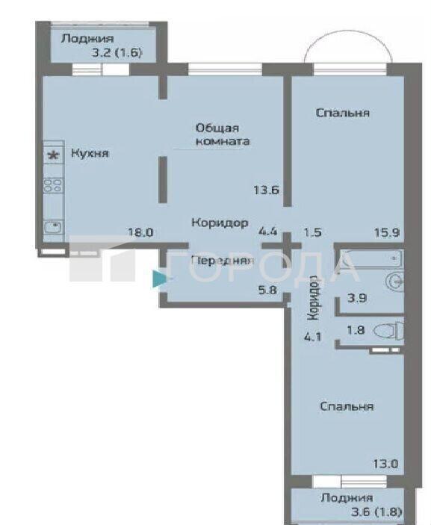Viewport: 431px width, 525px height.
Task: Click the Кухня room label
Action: [x=90, y=153]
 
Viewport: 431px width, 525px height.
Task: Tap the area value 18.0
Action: [x=141, y=232]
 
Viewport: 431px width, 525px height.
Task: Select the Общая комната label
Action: [x=223, y=134]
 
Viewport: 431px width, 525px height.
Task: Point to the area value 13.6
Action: [x=267, y=190]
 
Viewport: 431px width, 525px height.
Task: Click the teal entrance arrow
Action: [x=159, y=279]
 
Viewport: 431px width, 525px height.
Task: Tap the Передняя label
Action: [x=222, y=260]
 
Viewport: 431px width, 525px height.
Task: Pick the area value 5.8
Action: [x=267, y=290]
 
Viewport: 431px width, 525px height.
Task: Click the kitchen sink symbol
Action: [x=53, y=228]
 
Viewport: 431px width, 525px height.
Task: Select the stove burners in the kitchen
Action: [x=53, y=186]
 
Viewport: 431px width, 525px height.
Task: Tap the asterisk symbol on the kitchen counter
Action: [x=53, y=155]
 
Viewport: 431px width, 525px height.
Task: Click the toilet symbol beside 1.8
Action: [x=388, y=331]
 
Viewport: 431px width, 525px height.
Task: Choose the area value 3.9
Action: [x=357, y=298]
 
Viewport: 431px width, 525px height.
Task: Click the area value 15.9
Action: [x=387, y=232]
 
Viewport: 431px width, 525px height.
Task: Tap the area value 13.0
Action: [x=385, y=464]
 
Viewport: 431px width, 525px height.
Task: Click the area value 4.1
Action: [x=313, y=337]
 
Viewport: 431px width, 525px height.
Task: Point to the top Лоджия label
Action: [x=87, y=39]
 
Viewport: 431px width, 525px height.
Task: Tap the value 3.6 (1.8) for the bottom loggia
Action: [x=376, y=512]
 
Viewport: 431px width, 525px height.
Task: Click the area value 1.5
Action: [x=313, y=232]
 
